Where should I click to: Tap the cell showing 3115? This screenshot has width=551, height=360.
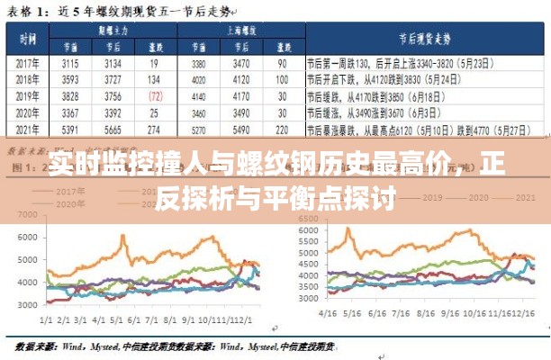click(70, 64)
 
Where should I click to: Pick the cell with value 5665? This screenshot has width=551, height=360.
click(113, 130)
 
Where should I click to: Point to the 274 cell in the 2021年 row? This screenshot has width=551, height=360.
click(155, 130)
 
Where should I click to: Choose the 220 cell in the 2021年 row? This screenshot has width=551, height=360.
click(282, 130)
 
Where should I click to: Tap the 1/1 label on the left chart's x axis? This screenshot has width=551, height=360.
click(47, 319)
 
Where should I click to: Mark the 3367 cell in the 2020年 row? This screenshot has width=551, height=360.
click(70, 113)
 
